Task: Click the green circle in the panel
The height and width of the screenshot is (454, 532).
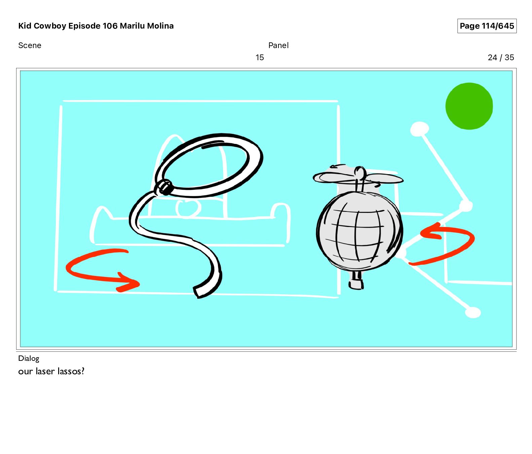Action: coord(469,106)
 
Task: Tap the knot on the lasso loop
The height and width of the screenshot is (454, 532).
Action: coord(164,187)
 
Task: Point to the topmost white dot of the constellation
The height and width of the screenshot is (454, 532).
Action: coord(419,129)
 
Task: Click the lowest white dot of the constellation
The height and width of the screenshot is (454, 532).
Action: coord(472,312)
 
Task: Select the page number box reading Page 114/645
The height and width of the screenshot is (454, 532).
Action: coord(487,26)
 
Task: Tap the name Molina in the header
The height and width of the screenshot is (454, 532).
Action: coord(160,26)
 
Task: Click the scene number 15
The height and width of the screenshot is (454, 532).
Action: coord(260,58)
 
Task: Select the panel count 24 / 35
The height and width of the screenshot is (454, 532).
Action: coord(501,58)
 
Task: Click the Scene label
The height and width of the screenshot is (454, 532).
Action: coord(30,45)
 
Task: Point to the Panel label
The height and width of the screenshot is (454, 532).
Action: coord(278,45)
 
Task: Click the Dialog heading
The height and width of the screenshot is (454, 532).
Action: coord(29,358)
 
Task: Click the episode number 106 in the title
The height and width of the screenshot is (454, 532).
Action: coord(110,26)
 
